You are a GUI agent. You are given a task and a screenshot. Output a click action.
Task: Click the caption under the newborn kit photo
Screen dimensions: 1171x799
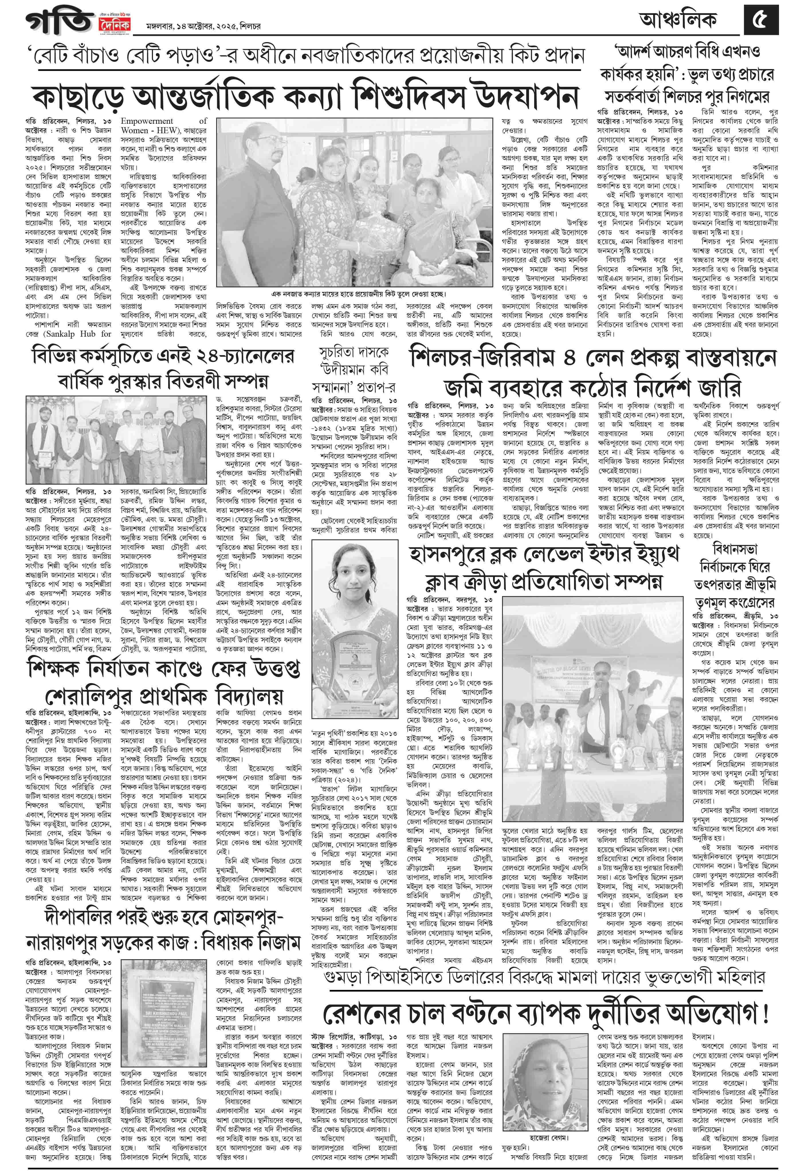coord(358,294)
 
